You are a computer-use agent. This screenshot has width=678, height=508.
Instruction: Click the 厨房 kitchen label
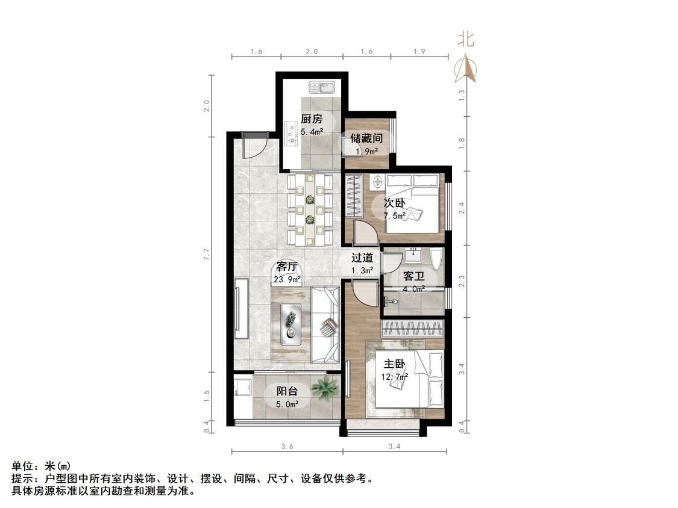312,119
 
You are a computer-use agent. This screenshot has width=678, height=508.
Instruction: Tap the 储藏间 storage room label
366,138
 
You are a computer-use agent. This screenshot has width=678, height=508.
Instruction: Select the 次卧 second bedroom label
394,203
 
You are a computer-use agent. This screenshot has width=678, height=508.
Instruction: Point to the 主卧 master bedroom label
394,364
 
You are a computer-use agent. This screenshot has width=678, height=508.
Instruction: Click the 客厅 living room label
287,267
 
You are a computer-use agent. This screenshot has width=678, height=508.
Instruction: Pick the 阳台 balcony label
287,391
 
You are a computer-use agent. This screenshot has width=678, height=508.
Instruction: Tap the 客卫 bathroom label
414,276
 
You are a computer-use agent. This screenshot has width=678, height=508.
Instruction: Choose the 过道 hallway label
362,258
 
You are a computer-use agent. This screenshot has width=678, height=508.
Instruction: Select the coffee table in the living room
290,324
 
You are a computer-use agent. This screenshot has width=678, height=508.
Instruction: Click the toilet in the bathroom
437,260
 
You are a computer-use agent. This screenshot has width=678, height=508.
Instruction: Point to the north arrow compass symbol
465,68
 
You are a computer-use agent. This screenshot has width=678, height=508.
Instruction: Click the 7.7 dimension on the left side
207,253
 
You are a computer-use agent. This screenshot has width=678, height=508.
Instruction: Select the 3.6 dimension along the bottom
287,446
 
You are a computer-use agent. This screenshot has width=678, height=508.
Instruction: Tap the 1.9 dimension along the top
419,51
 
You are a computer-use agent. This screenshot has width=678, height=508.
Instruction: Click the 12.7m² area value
395,377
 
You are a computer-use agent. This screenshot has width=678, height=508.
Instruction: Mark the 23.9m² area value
287,279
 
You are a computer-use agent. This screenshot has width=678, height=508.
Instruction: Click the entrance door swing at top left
255,146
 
